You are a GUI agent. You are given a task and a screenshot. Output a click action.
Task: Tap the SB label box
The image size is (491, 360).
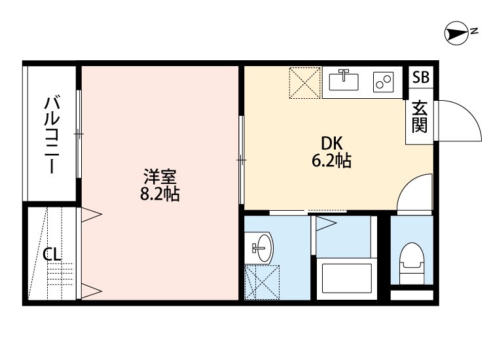click(420, 77)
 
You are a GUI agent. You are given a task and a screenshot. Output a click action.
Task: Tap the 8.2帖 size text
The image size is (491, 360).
click(160, 194)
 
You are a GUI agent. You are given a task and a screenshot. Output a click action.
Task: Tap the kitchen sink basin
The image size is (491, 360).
click(344, 81)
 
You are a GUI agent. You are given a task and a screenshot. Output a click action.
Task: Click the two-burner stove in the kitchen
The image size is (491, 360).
click(383, 82)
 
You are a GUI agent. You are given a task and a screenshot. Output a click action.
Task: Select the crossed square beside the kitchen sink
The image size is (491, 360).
click(304, 82)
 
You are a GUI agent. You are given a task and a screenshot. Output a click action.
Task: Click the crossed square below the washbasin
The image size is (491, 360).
click(261, 281)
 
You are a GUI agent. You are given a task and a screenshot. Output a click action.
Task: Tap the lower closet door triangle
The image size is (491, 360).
click(90, 291)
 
